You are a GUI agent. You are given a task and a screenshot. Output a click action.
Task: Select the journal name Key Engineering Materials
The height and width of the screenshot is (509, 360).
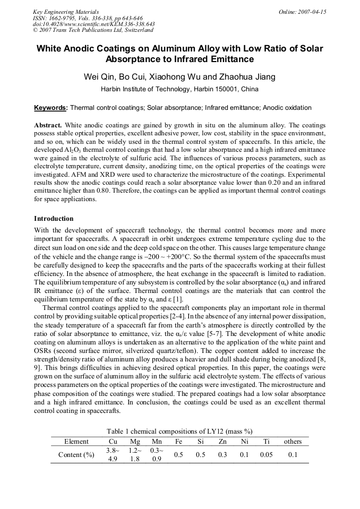click(x=66, y=12)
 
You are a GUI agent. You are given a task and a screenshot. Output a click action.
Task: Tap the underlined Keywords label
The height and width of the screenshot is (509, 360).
click(x=50, y=108)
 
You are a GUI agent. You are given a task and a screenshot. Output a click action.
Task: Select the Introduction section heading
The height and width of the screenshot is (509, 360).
click(x=54, y=219)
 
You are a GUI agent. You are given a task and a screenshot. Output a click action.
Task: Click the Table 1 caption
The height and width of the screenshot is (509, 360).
click(x=179, y=431)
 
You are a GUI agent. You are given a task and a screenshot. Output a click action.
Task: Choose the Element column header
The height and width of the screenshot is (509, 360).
click(x=76, y=442)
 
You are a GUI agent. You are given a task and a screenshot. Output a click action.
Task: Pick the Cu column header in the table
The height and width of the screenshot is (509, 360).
click(x=113, y=442)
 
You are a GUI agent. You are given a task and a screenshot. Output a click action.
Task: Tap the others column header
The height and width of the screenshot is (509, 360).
click(x=293, y=442)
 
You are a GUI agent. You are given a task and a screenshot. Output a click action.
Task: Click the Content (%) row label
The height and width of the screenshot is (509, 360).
click(x=76, y=455)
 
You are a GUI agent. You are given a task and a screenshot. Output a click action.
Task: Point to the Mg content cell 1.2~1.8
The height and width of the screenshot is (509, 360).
click(x=135, y=455)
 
